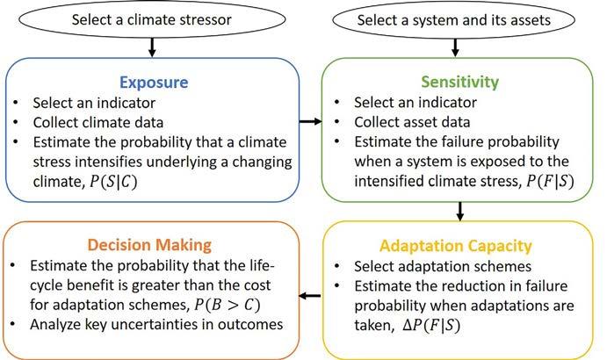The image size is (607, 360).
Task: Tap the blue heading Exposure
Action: (155, 83)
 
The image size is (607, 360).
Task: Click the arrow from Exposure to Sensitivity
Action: (309, 122)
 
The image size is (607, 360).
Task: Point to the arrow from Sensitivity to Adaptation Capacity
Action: (460, 211)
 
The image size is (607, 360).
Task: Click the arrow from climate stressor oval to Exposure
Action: (152, 46)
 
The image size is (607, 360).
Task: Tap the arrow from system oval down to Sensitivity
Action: (460, 46)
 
